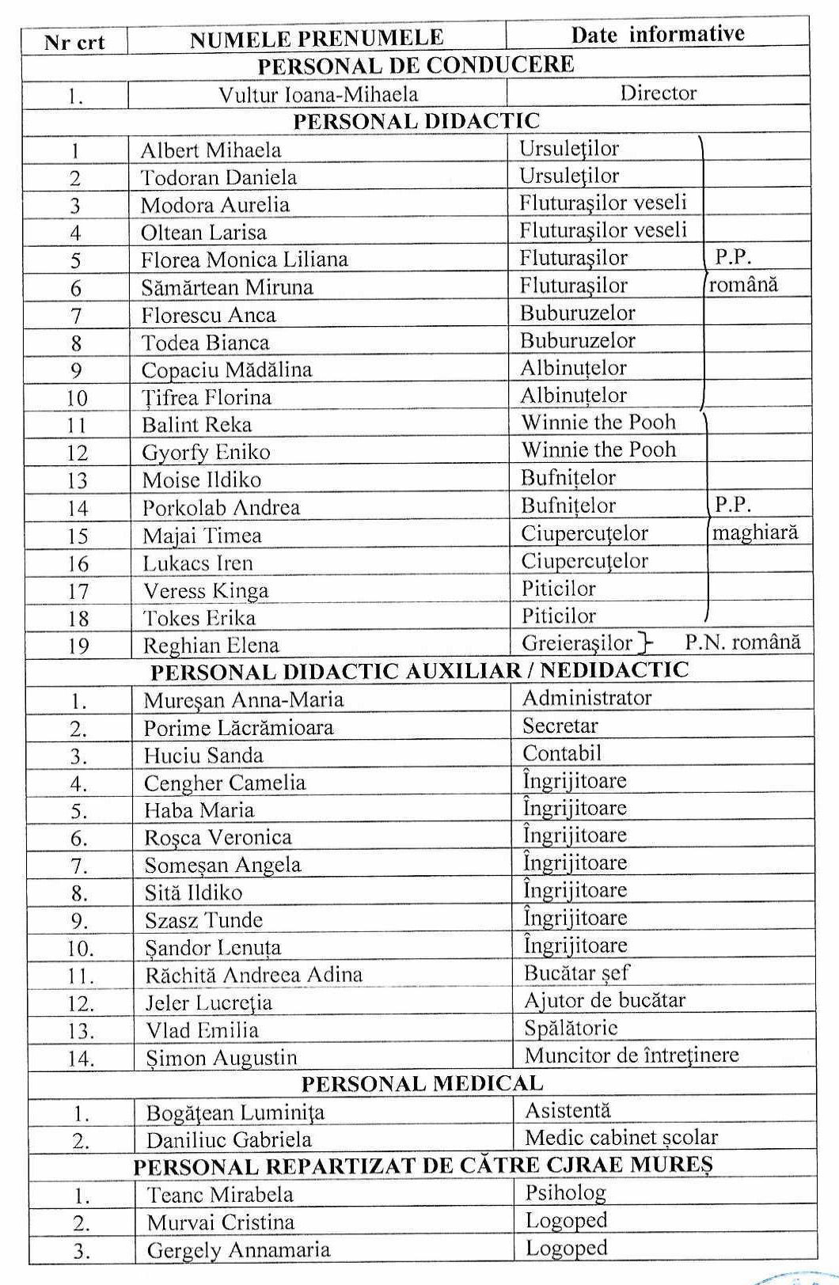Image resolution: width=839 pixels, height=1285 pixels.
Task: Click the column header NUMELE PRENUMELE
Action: pos(317,38)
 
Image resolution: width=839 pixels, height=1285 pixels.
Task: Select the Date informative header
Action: pos(657,34)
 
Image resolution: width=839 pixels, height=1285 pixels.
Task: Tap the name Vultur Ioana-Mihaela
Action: pos(318,94)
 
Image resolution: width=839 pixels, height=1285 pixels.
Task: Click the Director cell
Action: pos(658,93)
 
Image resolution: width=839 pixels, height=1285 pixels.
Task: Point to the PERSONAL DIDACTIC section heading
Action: pos(416,121)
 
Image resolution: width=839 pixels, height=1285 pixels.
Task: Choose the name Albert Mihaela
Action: pos(211,150)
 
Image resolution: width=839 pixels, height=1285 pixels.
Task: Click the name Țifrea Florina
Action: pos(206,397)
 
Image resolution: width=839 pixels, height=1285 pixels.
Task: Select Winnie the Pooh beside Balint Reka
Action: pos(598,422)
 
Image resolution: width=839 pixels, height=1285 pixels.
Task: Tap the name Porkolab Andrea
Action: pos(221,507)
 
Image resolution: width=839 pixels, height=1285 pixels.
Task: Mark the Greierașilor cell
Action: pos(577,642)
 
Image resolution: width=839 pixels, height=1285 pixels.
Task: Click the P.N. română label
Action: pos(742,642)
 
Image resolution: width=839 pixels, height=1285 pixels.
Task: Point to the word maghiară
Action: pos(754,533)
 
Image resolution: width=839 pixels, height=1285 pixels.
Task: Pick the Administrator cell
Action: pos(587,698)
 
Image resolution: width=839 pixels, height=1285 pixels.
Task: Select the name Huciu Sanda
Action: pos(203,755)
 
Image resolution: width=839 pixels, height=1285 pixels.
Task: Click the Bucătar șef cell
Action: pos(576,972)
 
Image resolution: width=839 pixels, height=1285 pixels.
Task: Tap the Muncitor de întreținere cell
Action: pos(631,1055)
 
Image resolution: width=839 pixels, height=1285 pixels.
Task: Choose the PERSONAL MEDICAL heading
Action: pos(422,1084)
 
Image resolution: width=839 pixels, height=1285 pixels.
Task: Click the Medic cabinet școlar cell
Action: pos(621,1138)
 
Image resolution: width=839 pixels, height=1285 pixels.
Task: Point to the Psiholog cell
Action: pos(565,1192)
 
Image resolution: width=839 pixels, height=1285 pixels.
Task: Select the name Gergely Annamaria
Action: pos(238,1250)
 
